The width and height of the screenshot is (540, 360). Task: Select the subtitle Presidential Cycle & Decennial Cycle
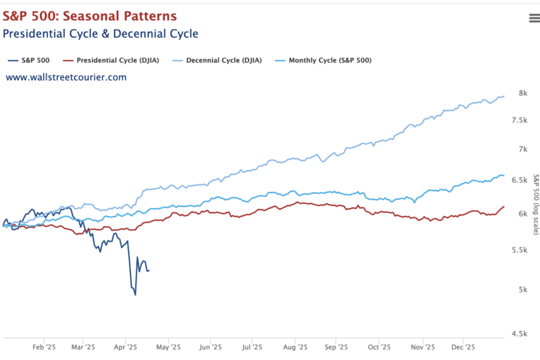101,34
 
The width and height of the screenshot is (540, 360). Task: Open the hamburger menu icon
534,18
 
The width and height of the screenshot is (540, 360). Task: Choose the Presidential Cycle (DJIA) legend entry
117,60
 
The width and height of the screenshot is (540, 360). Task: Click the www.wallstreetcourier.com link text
66,77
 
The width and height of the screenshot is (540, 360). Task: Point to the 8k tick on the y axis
523,94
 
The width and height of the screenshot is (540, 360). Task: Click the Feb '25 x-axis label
44,347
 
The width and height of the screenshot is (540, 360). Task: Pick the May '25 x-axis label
168,347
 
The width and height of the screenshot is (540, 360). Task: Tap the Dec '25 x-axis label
463,347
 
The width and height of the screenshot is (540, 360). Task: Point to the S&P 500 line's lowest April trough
135,295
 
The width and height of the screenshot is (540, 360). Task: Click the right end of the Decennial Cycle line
504,96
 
